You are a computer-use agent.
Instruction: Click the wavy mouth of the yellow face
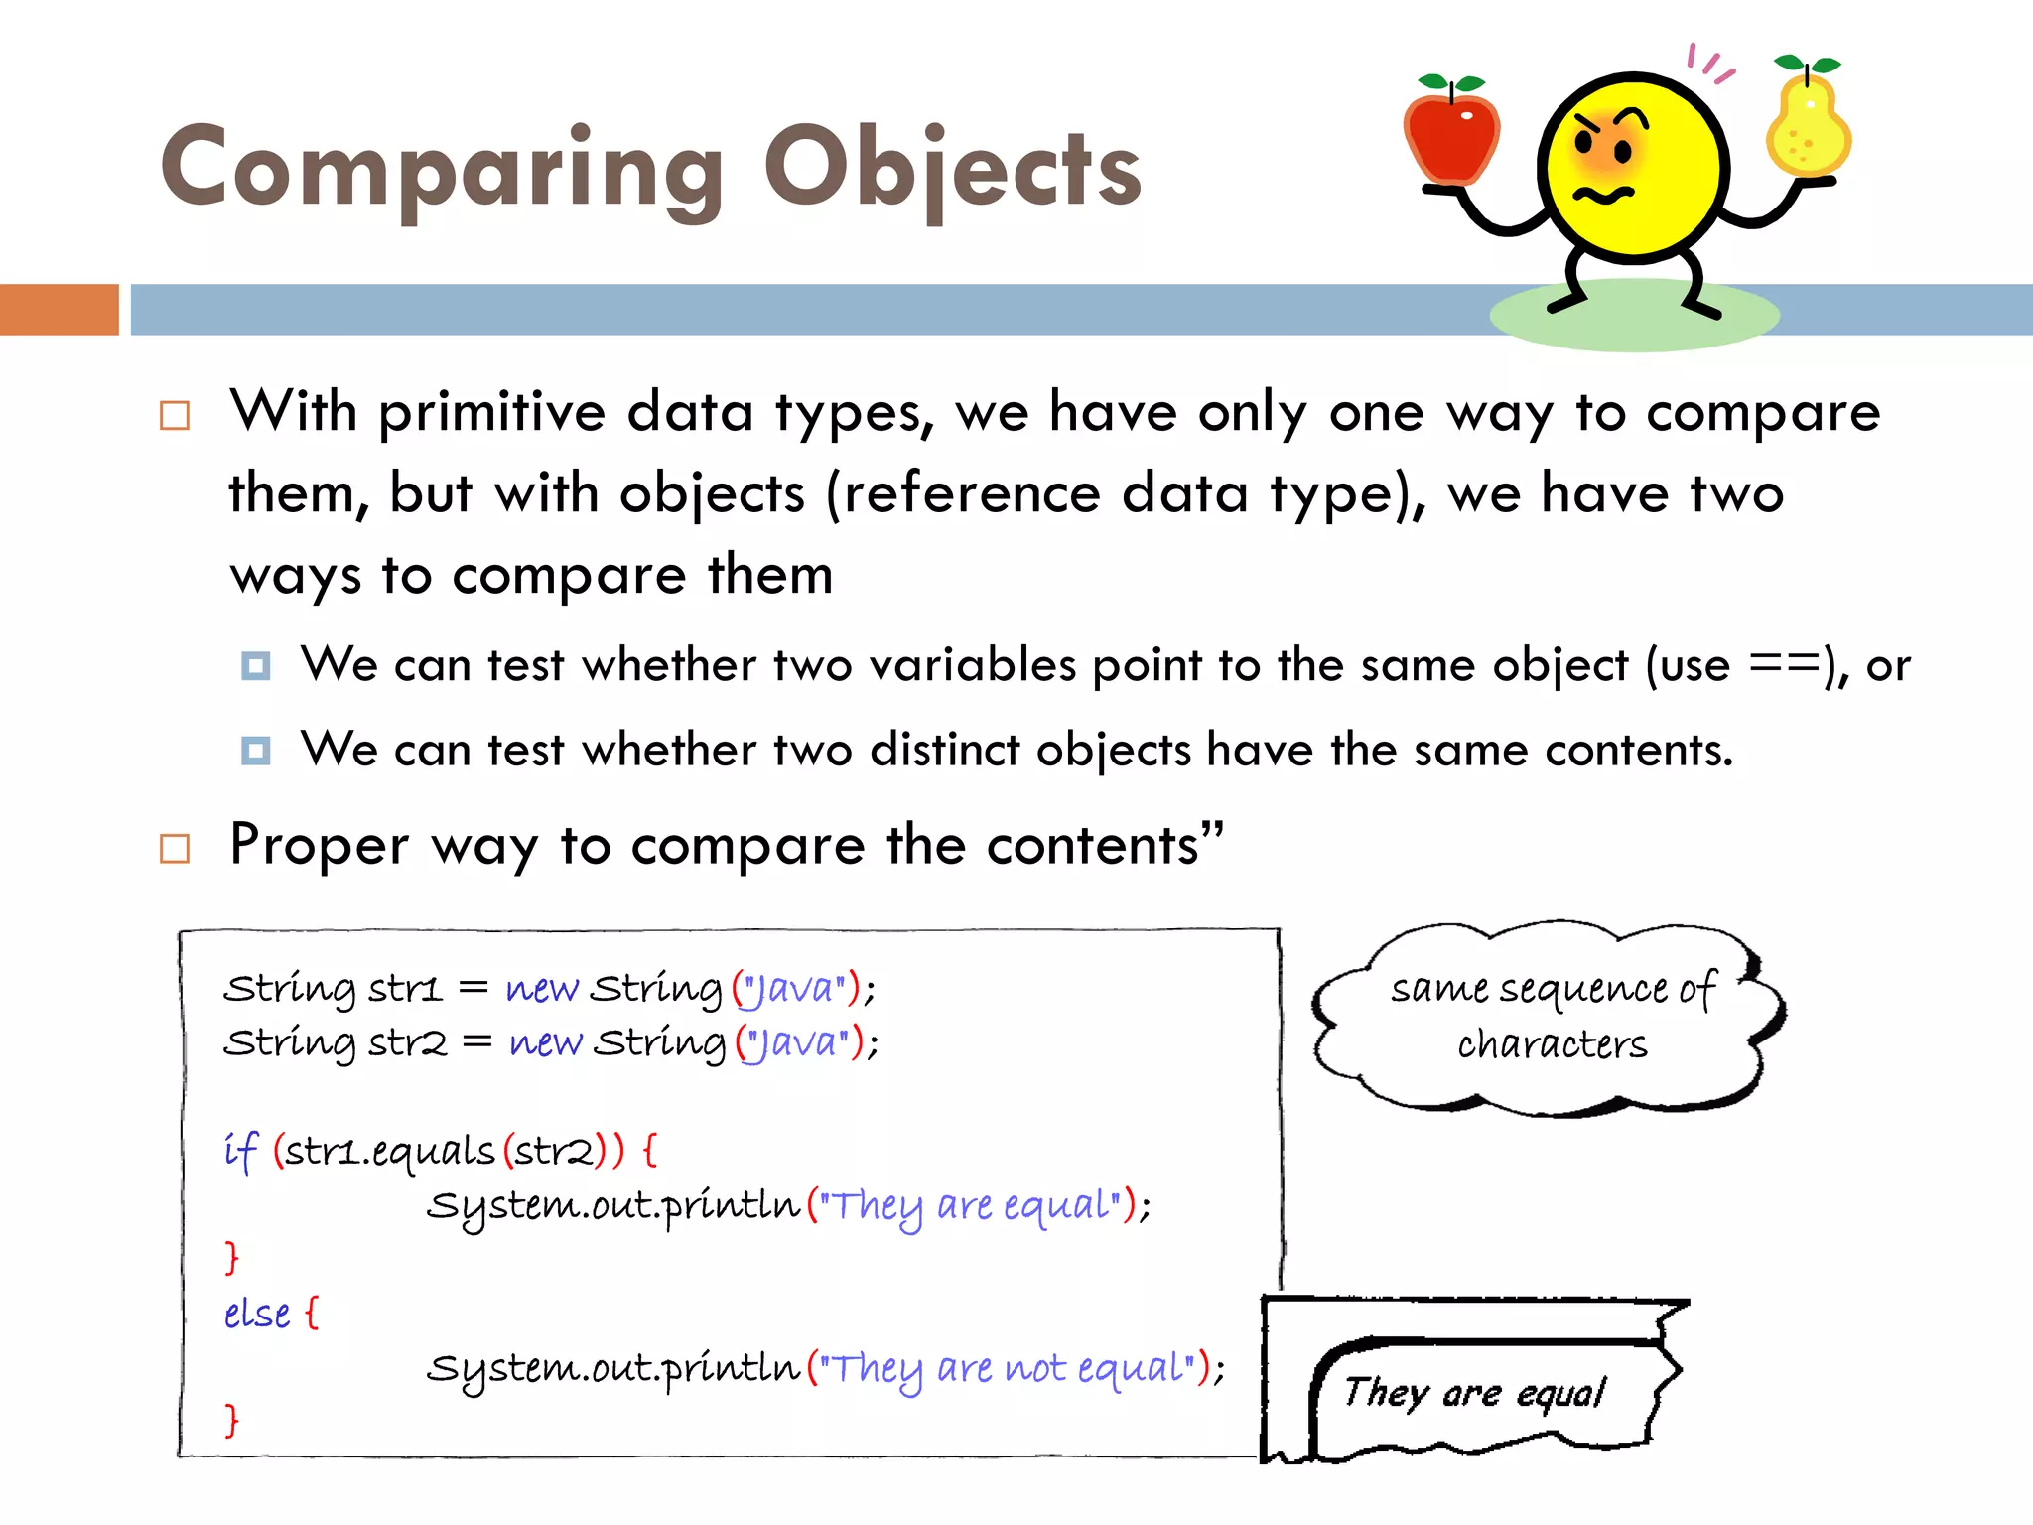point(1603,194)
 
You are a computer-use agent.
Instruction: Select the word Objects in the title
point(952,169)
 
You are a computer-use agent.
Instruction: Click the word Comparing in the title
point(442,169)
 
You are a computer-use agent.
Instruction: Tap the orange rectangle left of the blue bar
point(59,309)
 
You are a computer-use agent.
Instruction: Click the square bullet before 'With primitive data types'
point(175,415)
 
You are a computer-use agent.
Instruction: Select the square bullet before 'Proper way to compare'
point(175,848)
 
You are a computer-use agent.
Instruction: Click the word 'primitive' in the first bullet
point(491,411)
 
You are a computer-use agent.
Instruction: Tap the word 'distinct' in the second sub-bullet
point(944,750)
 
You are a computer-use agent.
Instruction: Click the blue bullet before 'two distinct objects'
point(255,750)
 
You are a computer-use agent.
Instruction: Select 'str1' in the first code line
point(404,989)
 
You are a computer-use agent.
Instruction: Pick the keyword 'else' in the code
point(257,1314)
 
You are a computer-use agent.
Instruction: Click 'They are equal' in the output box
point(1474,1393)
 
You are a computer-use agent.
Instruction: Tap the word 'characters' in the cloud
point(1552,1044)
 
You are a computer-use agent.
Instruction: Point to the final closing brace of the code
point(231,1420)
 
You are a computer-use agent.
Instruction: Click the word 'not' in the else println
point(1035,1368)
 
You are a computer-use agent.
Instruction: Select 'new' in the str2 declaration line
point(544,1043)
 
